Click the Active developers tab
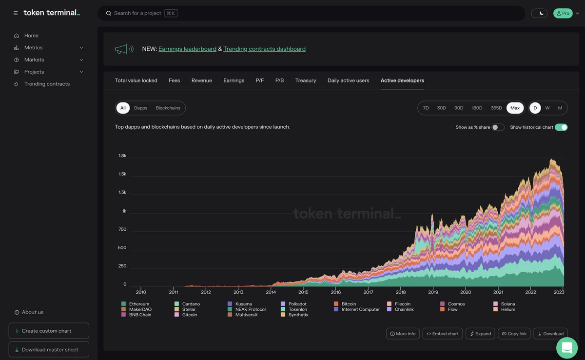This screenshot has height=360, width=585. [402, 80]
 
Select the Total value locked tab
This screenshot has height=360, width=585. [136, 80]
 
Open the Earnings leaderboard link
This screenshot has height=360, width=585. [187, 49]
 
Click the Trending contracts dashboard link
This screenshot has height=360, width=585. [264, 49]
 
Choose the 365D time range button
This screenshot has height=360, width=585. [496, 108]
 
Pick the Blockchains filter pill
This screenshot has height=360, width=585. [168, 108]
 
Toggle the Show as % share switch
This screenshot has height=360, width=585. [498, 127]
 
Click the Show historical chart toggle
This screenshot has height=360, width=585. [561, 127]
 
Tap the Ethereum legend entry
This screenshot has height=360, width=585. [139, 304]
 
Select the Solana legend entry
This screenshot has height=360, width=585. [508, 304]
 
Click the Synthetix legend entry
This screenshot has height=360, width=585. [298, 315]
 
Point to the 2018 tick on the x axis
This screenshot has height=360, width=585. [401, 292]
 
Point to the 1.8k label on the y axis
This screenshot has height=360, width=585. [122, 156]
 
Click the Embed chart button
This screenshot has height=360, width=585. [443, 334]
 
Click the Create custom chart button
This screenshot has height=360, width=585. [49, 331]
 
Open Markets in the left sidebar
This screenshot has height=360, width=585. [34, 60]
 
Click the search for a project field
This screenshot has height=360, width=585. [312, 13]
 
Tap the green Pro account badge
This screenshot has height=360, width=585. [563, 13]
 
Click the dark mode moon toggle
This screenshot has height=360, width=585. [539, 13]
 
